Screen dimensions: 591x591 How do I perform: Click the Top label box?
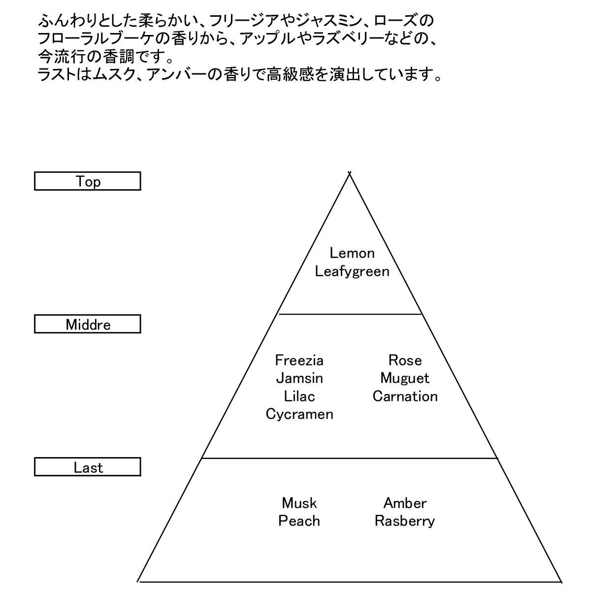click(88, 181)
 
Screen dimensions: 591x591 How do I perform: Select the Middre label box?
click(88, 324)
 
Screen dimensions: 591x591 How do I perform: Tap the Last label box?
click(88, 467)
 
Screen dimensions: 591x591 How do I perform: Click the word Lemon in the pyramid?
click(352, 253)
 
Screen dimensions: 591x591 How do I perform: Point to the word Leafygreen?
click(352, 271)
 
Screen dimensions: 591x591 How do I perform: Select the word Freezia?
click(299, 361)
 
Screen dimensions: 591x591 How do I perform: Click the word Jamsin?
click(299, 378)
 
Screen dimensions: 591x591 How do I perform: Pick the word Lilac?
click(299, 396)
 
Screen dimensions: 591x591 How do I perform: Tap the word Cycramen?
click(299, 414)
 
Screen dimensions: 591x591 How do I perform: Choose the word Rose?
click(405, 361)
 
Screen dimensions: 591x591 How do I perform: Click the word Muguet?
click(405, 378)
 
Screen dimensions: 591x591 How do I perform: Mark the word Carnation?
click(405, 396)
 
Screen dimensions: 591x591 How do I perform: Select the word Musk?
click(299, 503)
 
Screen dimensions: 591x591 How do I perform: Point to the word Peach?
click(299, 521)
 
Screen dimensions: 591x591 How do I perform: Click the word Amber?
click(405, 503)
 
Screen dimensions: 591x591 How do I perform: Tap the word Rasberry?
click(405, 521)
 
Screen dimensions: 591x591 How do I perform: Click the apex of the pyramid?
click(350, 173)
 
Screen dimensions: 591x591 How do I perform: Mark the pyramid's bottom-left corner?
click(138, 582)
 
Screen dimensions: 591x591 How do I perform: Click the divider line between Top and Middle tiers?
click(350, 314)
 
